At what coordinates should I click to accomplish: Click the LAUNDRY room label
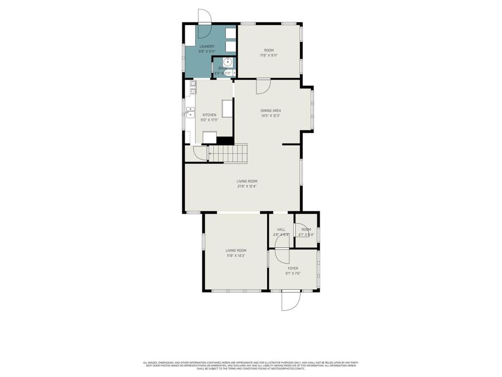[x=207, y=46]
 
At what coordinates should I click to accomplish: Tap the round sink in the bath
[x=228, y=61]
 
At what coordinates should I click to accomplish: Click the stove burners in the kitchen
[x=192, y=87]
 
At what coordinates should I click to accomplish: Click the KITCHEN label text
[x=209, y=115]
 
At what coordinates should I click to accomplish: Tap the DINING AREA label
[x=271, y=111]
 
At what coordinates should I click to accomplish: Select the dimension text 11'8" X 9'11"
[x=268, y=55]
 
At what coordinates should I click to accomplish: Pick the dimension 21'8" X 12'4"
[x=247, y=186]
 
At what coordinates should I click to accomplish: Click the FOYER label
[x=293, y=268]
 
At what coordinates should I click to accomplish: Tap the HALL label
[x=281, y=230]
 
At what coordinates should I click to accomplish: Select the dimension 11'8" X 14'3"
[x=236, y=256]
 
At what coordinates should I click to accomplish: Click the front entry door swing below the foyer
[x=291, y=301]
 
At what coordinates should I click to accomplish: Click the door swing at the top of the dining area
[x=263, y=86]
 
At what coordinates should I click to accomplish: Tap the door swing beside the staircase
[x=200, y=153]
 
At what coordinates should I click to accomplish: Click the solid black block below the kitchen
[x=224, y=141]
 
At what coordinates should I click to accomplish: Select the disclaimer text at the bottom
[x=250, y=365]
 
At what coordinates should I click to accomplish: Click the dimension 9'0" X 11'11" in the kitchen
[x=209, y=120]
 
